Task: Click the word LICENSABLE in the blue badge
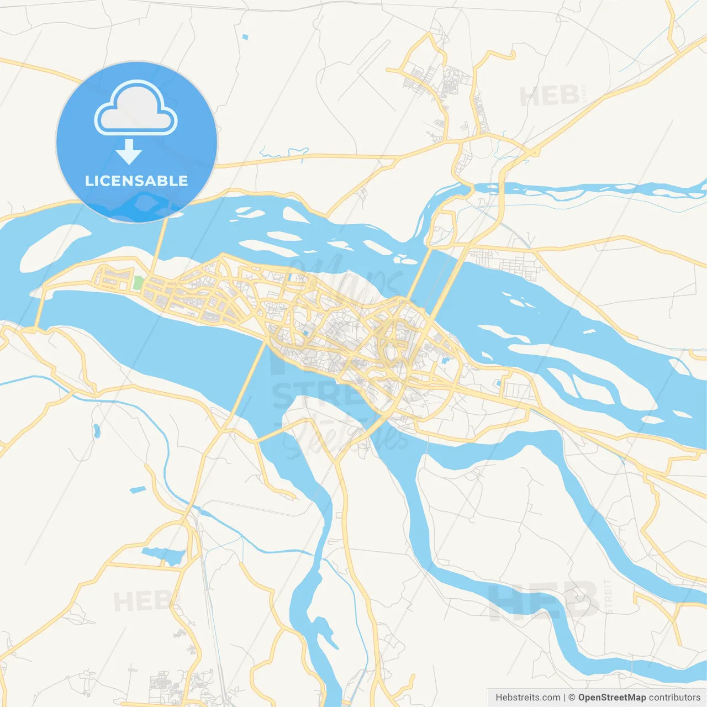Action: [136, 181]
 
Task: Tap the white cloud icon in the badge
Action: [136, 108]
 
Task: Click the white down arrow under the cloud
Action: [129, 151]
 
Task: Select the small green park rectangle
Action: [138, 282]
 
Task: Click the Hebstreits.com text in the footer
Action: [527, 698]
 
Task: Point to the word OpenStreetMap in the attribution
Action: [611, 698]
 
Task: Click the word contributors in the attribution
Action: [674, 698]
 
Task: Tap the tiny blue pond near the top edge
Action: [245, 37]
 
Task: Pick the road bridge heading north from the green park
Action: [159, 243]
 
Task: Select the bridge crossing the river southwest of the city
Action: [249, 381]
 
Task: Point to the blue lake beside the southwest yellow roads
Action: [162, 555]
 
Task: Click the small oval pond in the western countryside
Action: [97, 430]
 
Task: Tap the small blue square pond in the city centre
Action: [306, 334]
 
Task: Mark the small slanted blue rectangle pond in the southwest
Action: [138, 489]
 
